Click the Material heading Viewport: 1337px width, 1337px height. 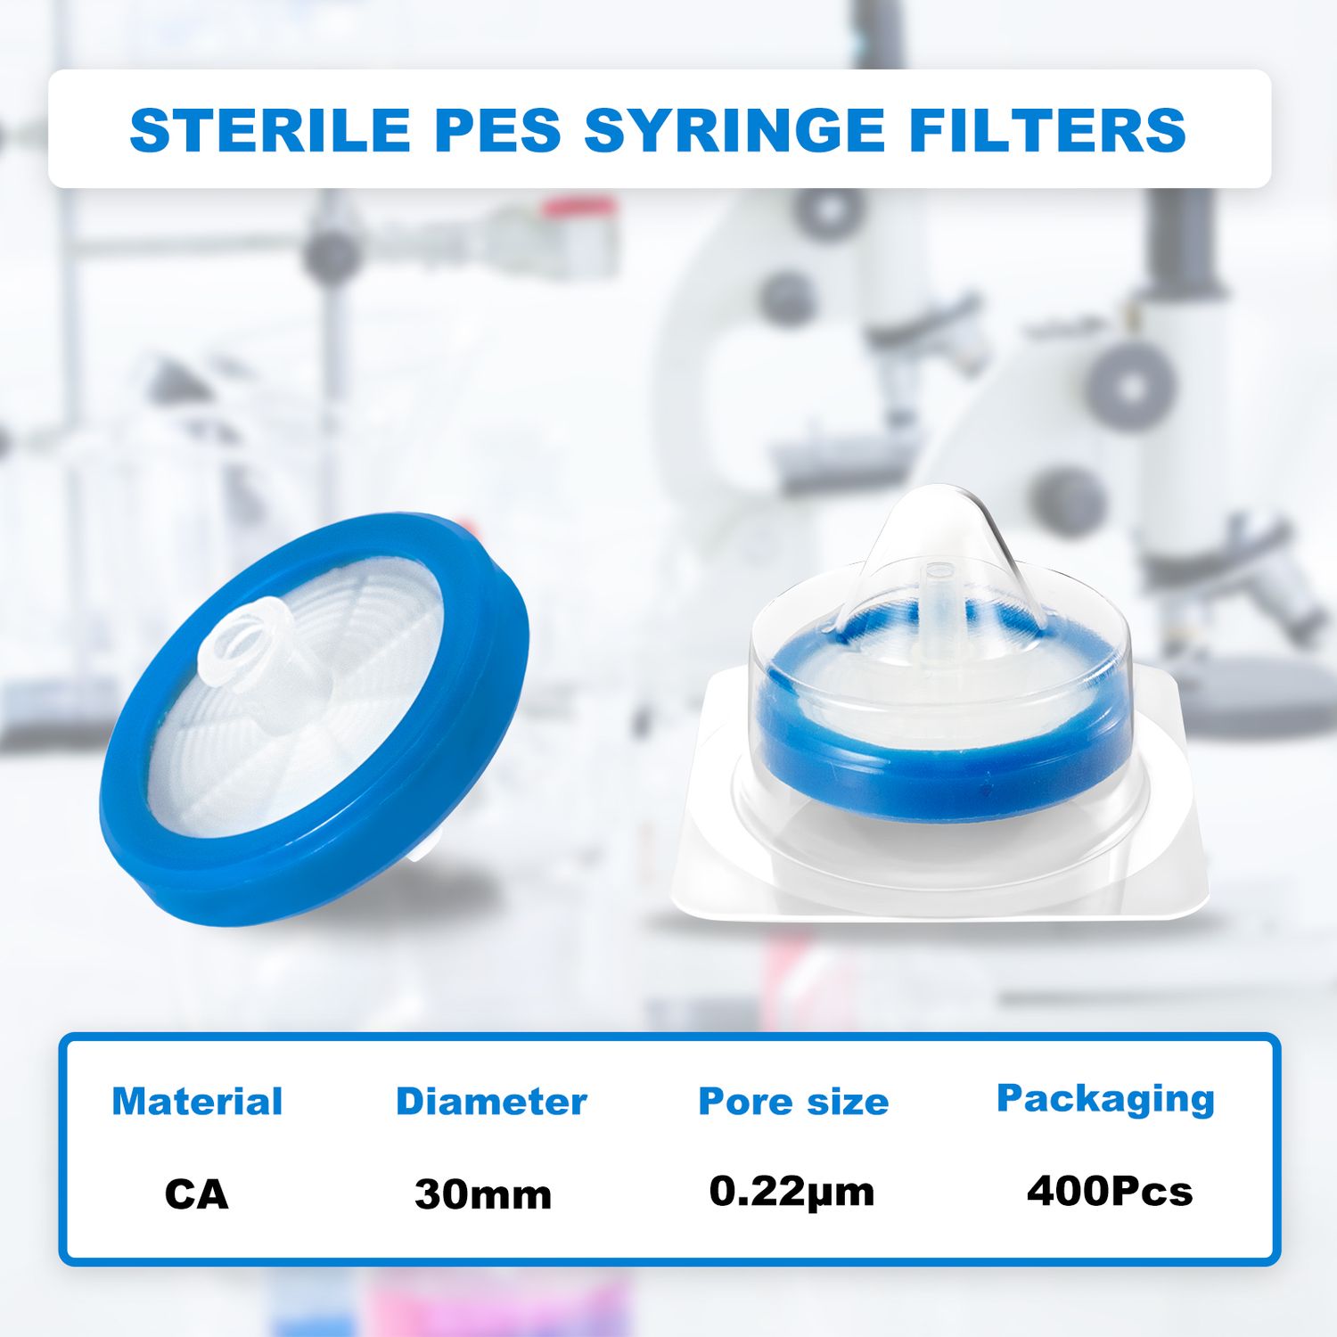(x=197, y=1102)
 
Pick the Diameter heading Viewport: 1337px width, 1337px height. (x=491, y=1102)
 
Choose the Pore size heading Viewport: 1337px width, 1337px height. (x=793, y=1102)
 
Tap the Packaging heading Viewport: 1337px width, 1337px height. (x=1105, y=1099)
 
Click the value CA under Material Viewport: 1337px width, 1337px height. (x=197, y=1194)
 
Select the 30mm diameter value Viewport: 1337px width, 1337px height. (x=483, y=1194)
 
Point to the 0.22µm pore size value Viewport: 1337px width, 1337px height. (x=792, y=1192)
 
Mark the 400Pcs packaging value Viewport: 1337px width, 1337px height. (x=1109, y=1191)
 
